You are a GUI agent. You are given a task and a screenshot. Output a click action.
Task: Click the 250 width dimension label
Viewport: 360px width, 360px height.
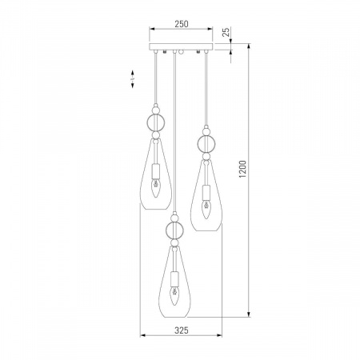click(182, 24)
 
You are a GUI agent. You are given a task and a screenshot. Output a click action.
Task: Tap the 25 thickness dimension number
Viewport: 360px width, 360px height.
click(226, 32)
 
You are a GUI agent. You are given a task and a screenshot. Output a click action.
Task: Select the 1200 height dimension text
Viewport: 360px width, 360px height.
click(242, 170)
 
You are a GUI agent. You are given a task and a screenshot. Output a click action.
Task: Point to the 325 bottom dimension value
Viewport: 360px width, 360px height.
click(182, 330)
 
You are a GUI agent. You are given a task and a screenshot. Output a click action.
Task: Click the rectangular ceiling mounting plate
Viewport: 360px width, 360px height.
click(181, 46)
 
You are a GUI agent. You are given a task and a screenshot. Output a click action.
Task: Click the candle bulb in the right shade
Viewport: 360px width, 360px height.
click(206, 210)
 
